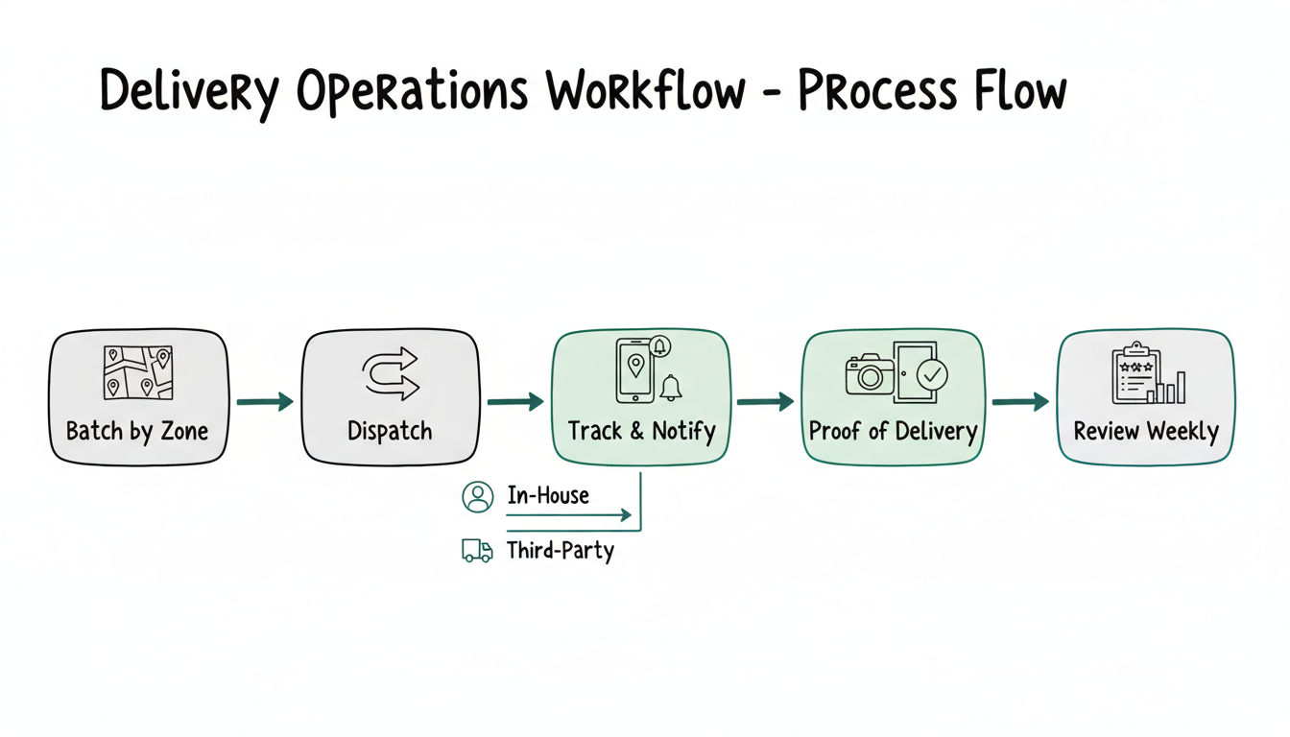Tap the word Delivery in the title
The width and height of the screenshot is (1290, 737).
pyautogui.click(x=189, y=93)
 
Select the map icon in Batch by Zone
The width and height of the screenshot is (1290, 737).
pyautogui.click(x=137, y=372)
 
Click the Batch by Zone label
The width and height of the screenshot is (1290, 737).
pyautogui.click(x=137, y=431)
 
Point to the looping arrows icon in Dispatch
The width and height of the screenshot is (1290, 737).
pyautogui.click(x=390, y=373)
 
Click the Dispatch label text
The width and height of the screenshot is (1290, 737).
pyautogui.click(x=390, y=431)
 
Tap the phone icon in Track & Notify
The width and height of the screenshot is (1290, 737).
pyautogui.click(x=633, y=370)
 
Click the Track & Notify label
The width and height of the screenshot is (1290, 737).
pyautogui.click(x=641, y=431)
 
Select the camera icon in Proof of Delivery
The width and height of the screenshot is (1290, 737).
pyautogui.click(x=869, y=374)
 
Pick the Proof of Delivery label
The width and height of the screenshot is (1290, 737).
pyautogui.click(x=893, y=431)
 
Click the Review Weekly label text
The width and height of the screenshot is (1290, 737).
pyautogui.click(x=1145, y=431)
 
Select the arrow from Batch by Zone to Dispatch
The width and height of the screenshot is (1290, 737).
pyautogui.click(x=265, y=401)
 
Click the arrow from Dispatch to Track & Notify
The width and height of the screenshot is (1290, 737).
pyautogui.click(x=515, y=401)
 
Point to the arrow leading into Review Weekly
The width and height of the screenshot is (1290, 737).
pyautogui.click(x=1019, y=401)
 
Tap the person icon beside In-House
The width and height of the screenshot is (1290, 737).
pyautogui.click(x=477, y=496)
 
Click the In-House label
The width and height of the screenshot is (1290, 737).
pyautogui.click(x=547, y=496)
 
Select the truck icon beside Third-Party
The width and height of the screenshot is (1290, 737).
pyautogui.click(x=477, y=550)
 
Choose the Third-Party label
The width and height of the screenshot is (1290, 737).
pyautogui.click(x=560, y=551)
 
